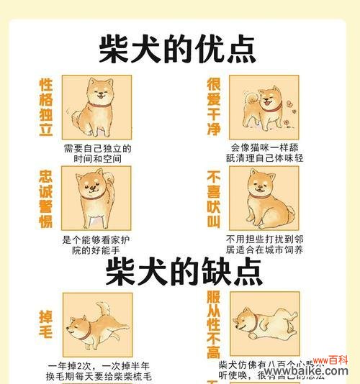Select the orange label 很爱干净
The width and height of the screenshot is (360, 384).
[214, 106]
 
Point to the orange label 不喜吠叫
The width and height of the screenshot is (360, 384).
[214, 198]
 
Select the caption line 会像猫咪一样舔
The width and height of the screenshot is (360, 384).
[264, 147]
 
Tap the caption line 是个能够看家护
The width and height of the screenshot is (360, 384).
[96, 239]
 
